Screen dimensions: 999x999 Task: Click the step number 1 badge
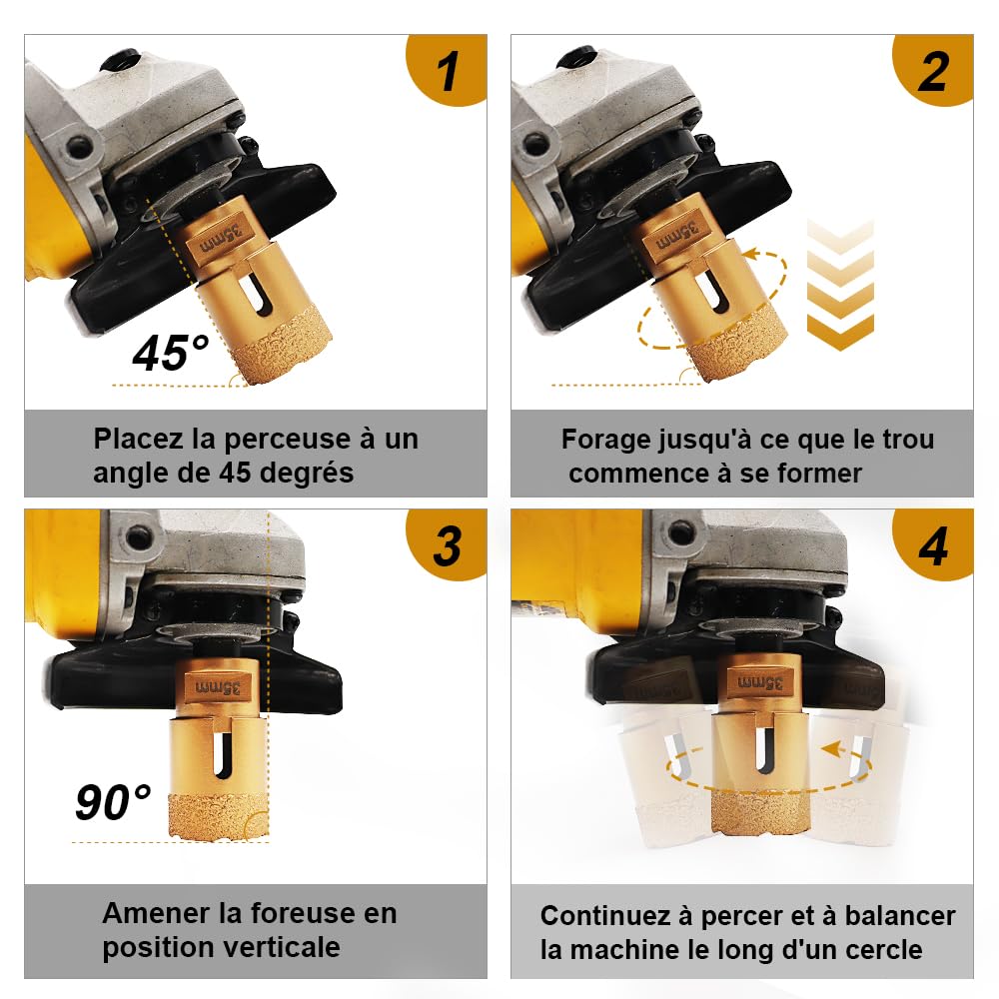[x=447, y=69]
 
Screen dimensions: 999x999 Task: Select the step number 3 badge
[x=447, y=544]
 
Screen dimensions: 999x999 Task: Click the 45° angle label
[x=170, y=353]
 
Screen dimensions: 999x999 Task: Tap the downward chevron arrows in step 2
[x=840, y=285]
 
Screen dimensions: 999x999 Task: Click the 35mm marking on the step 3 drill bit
[x=218, y=688]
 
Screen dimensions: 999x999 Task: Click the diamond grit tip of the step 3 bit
[x=219, y=817]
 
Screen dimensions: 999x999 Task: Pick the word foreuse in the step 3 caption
[x=297, y=914]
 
